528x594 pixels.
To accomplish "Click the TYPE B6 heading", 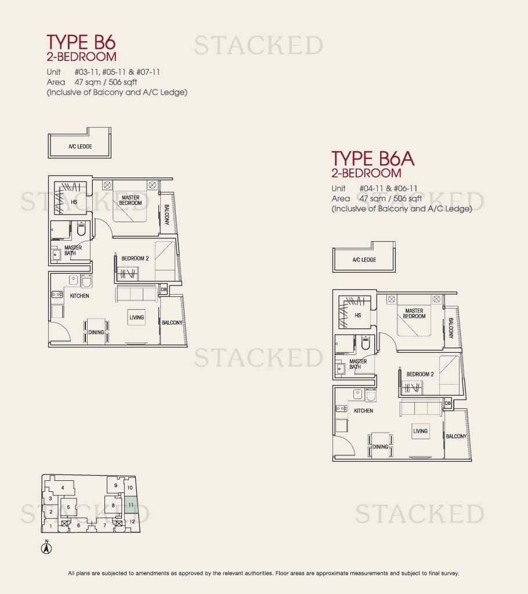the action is click(x=81, y=42).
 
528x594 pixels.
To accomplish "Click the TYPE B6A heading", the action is click(x=373, y=158).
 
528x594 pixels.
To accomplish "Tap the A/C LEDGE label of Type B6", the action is click(x=80, y=147).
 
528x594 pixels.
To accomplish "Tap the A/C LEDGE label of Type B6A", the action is click(x=364, y=260).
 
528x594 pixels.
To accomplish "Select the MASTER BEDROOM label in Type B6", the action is click(x=131, y=200).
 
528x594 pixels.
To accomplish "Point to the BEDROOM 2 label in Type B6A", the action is click(x=420, y=374).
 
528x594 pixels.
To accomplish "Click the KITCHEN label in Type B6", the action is click(x=79, y=296).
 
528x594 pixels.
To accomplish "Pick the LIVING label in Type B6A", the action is click(x=420, y=431).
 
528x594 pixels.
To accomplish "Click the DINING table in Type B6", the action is click(x=96, y=331).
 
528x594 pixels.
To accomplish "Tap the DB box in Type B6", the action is click(x=164, y=289).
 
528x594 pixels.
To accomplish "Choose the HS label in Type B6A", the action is click(x=358, y=315).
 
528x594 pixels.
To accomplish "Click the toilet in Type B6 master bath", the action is click(x=81, y=229).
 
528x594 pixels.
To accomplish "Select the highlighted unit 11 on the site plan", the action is click(x=131, y=505).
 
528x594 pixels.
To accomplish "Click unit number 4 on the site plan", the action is click(x=63, y=488).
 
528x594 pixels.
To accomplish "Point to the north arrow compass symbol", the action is click(x=46, y=548).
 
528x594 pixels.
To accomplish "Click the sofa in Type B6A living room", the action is click(x=421, y=409).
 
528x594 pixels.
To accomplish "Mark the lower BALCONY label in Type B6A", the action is click(x=456, y=436).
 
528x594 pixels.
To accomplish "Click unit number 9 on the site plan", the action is click(x=115, y=486).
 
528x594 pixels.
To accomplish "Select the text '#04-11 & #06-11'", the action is click(x=388, y=189).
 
